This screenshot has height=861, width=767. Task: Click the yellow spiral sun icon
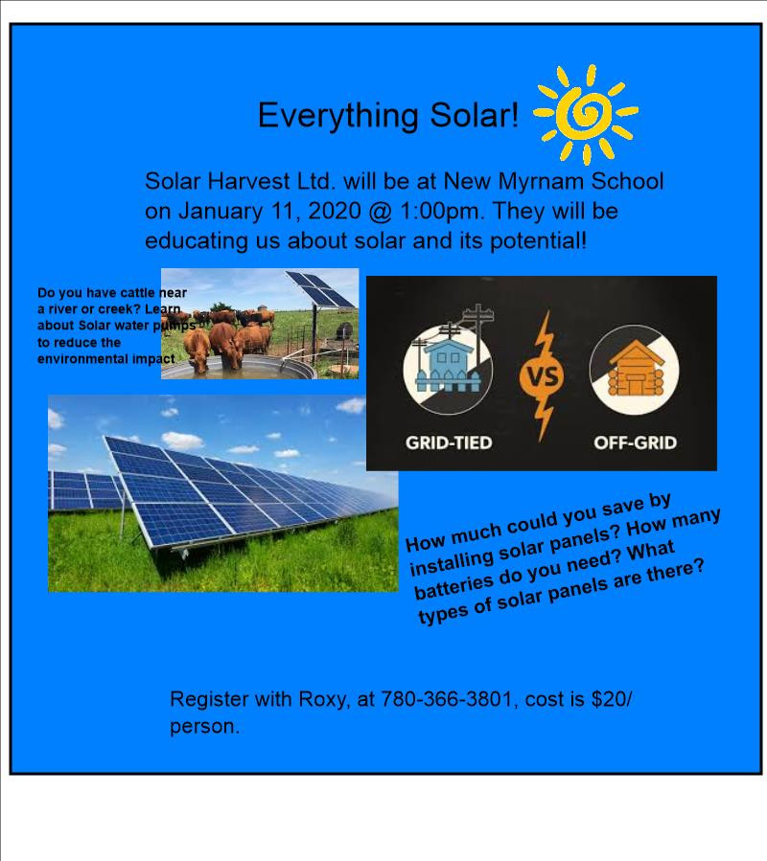[586, 114]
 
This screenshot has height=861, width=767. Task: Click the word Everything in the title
[338, 116]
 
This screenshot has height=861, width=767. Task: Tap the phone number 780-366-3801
[447, 699]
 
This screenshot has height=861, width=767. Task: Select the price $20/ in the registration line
[612, 699]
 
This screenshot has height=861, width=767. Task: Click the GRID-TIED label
[449, 442]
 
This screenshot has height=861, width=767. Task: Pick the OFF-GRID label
[635, 442]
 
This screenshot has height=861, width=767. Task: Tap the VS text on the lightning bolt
[544, 377]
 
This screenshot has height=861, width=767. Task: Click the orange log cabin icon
[636, 369]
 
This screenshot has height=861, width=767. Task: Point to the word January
[220, 212]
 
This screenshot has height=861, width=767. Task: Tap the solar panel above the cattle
[321, 289]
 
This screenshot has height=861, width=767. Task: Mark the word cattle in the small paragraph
[139, 293]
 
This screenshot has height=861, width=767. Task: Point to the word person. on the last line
[204, 727]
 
